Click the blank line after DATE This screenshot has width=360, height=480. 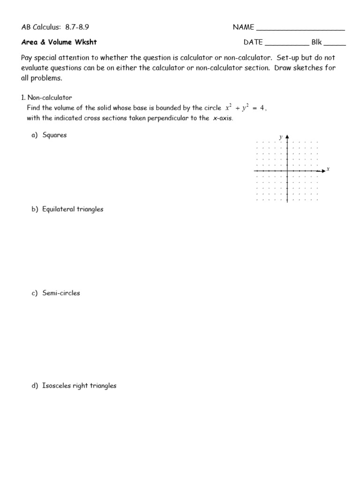[287, 45]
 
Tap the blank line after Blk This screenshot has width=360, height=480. [335, 45]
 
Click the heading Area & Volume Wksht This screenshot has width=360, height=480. [59, 42]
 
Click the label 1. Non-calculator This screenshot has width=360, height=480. [46, 97]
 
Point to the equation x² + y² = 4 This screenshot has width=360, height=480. [246, 108]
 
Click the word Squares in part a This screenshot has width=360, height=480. [54, 135]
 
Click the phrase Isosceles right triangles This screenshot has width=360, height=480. [79, 386]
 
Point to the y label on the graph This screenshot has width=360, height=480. [281, 137]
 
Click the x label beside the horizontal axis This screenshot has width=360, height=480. [328, 169]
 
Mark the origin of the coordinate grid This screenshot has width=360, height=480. [286, 172]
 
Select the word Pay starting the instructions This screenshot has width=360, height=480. [27, 58]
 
